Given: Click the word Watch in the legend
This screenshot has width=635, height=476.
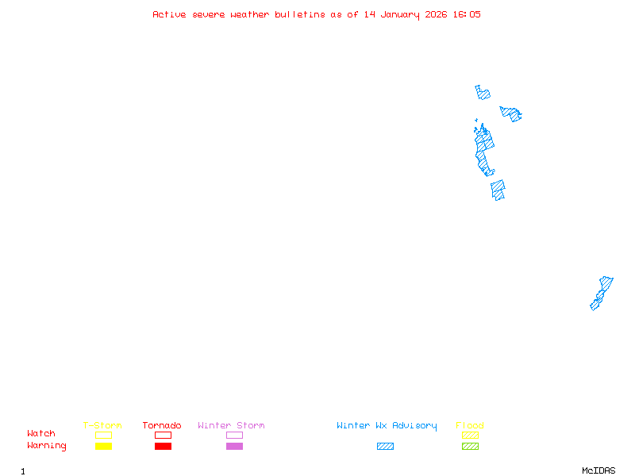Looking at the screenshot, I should click(x=41, y=434).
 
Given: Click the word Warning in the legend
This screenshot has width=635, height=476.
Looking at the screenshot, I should click(x=47, y=446).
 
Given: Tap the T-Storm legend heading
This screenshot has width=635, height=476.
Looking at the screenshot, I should click(x=102, y=426).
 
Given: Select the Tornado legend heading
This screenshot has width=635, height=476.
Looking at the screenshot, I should click(x=162, y=426).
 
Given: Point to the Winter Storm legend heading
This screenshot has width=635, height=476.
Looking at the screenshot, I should click(x=231, y=426).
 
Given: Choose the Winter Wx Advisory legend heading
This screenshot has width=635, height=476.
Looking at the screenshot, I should click(x=387, y=426).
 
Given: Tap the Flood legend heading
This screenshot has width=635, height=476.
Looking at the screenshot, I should click(x=470, y=426).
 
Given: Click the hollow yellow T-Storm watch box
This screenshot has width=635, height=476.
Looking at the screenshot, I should click(x=103, y=435).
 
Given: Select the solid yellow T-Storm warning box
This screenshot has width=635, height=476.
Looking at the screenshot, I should click(x=103, y=447).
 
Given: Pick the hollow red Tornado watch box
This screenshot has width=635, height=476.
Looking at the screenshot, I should click(x=163, y=435).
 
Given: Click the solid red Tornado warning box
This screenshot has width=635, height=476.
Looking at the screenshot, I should click(x=163, y=447).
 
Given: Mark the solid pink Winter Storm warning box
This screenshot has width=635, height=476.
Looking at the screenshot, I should click(x=234, y=447).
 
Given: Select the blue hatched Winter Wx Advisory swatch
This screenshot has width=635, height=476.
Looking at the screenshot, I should click(x=385, y=447).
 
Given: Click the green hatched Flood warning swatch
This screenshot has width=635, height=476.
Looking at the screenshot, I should click(x=470, y=447).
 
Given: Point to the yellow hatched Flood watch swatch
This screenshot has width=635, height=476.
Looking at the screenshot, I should click(x=470, y=435).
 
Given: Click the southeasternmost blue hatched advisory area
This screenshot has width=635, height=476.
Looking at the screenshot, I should click(x=601, y=294).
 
